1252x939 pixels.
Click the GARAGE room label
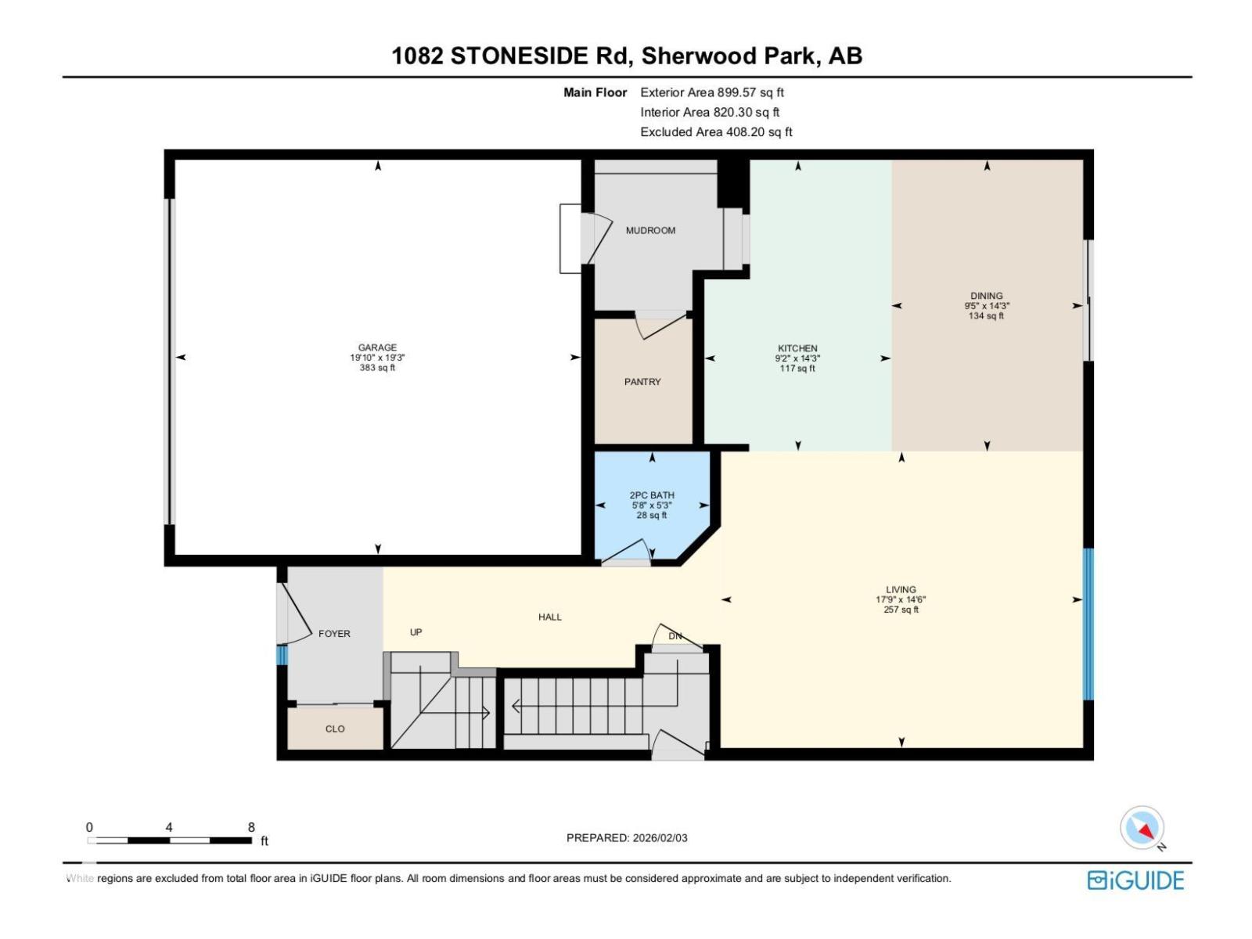(377, 347)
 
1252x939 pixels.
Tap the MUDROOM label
(650, 231)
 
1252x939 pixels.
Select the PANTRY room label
(642, 382)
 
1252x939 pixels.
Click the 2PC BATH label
(652, 495)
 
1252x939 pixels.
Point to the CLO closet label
(335, 729)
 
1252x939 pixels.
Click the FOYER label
(334, 634)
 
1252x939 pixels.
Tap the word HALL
(550, 617)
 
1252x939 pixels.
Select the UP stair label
(416, 632)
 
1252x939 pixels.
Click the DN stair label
(675, 636)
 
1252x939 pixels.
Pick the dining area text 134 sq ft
(986, 316)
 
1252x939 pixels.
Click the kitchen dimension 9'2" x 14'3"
(797, 358)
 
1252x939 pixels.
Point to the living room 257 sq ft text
(901, 610)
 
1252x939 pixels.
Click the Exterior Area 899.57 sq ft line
(712, 92)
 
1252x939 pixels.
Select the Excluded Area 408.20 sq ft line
(716, 132)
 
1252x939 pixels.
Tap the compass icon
(1142, 828)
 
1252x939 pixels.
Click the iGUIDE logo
(1135, 880)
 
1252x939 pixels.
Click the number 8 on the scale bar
(251, 827)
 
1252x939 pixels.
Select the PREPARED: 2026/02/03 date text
(627, 838)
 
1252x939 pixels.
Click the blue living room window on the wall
(1088, 624)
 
